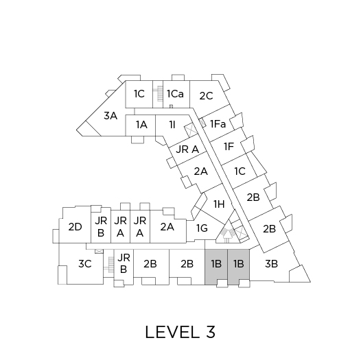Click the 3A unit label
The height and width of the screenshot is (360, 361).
click(110, 115)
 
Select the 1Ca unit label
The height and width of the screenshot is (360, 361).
click(175, 94)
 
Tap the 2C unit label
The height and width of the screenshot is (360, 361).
click(206, 96)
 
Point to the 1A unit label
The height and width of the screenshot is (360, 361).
click(141, 125)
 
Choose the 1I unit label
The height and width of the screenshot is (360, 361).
click(172, 125)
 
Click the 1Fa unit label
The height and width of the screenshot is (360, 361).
click(218, 124)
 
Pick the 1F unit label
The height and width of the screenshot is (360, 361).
click(229, 146)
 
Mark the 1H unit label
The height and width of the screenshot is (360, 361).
click(219, 204)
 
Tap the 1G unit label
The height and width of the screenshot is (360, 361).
click(202, 228)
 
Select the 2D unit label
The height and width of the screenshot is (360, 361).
click(75, 227)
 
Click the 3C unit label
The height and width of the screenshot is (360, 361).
click(85, 263)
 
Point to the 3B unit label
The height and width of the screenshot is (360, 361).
click(271, 263)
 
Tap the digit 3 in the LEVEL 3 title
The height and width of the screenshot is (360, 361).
click(211, 332)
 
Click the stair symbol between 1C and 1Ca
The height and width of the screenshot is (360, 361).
click(159, 93)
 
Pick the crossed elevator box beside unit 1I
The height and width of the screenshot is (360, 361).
click(191, 131)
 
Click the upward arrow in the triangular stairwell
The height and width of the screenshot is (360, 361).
click(226, 235)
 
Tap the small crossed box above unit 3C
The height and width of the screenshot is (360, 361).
click(99, 251)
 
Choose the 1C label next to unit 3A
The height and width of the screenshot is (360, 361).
click(139, 94)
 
